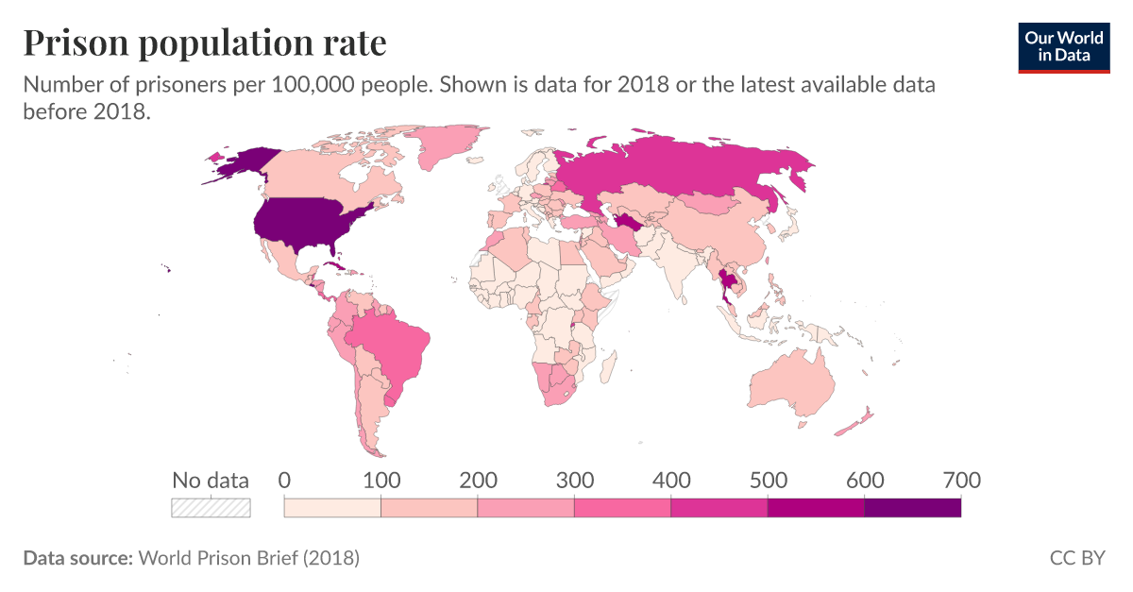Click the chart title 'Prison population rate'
click(x=205, y=42)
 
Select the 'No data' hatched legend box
click(x=211, y=508)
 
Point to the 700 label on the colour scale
click(x=961, y=481)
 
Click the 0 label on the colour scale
click(x=284, y=481)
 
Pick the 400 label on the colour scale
click(x=671, y=481)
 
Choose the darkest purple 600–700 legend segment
click(x=912, y=508)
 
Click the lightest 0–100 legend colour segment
click(x=332, y=508)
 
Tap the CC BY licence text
click(x=1076, y=558)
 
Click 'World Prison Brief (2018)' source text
click(x=248, y=558)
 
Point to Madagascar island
click(x=609, y=363)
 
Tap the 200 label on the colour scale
click(x=478, y=481)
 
